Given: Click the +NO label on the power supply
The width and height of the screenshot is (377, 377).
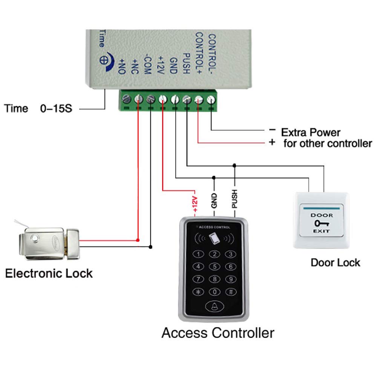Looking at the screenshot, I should [x=122, y=66].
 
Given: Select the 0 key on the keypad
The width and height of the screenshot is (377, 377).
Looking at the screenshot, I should [x=215, y=292].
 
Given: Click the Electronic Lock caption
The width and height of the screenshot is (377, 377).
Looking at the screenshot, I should [x=49, y=273].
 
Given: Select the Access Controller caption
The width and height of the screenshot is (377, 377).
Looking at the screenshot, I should [x=218, y=333].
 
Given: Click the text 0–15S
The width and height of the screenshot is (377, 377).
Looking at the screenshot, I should [x=56, y=109].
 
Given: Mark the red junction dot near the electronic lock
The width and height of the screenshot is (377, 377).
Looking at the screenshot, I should [x=138, y=240].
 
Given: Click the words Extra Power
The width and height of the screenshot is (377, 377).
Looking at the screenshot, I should [x=311, y=132].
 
